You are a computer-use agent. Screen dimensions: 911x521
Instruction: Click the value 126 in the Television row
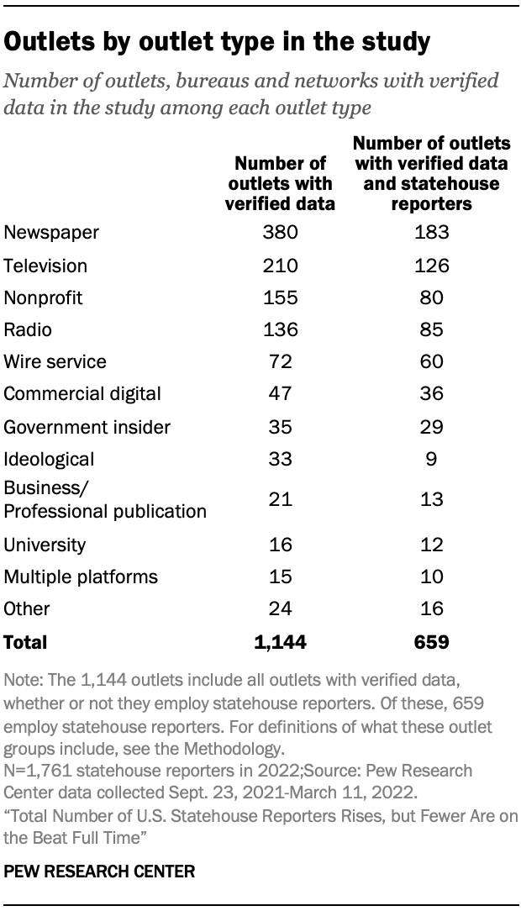[431, 266]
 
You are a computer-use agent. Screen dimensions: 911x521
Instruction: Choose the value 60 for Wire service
[431, 361]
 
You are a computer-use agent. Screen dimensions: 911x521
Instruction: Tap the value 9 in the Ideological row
[431, 459]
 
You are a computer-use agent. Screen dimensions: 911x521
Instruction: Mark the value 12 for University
[431, 545]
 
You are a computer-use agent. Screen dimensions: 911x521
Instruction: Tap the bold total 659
[431, 642]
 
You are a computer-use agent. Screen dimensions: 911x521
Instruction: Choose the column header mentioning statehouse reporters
[431, 172]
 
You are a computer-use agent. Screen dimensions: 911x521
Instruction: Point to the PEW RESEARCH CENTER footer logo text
[99, 872]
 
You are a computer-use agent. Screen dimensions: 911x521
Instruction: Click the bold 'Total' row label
[26, 642]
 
